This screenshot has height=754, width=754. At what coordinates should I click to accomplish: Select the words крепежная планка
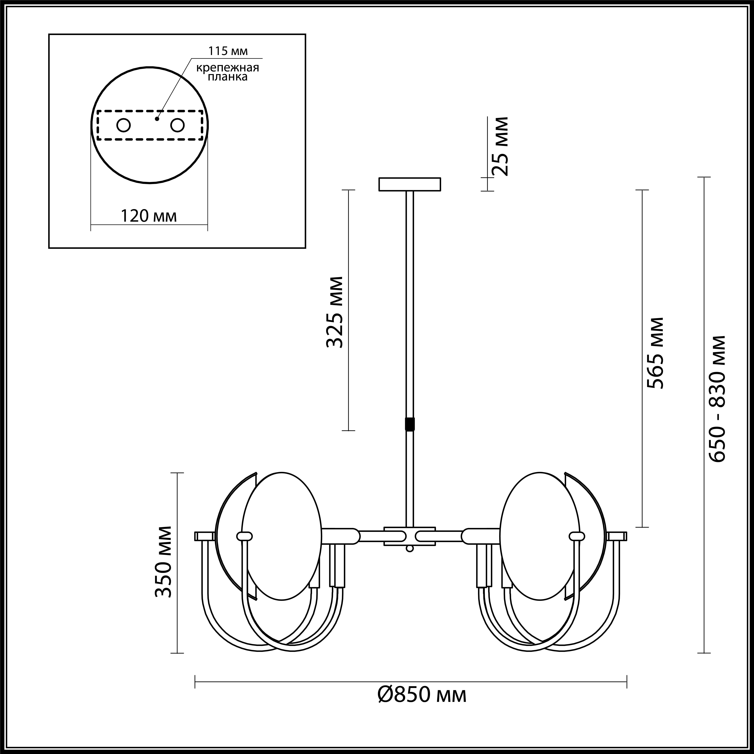coord(228,72)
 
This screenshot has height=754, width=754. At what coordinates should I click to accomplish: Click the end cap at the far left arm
coord(204,536)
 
